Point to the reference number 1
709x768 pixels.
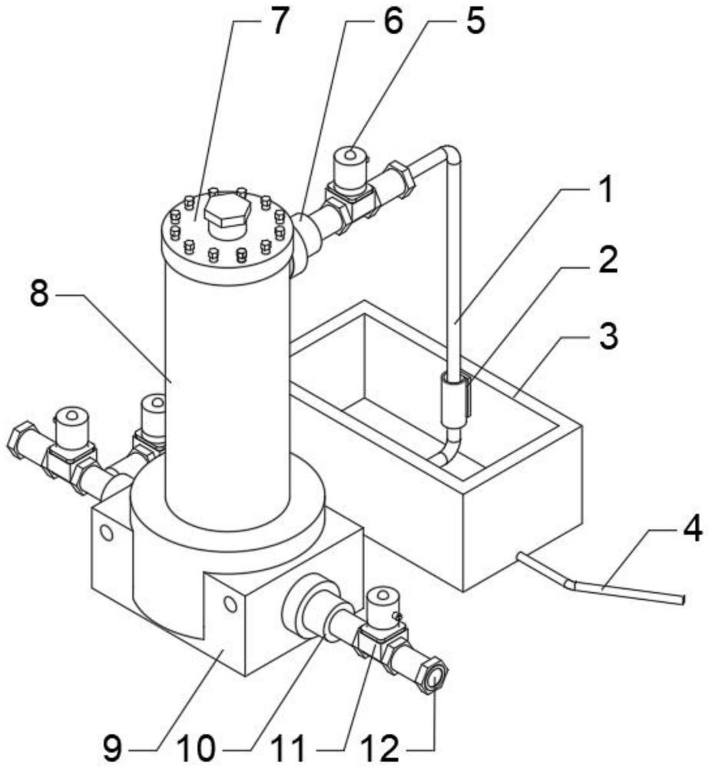pos(606,190)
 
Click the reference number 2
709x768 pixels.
pos(608,260)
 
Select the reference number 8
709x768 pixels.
pos(39,294)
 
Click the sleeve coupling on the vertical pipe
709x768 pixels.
pos(454,398)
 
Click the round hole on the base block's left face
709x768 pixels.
pos(106,533)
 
